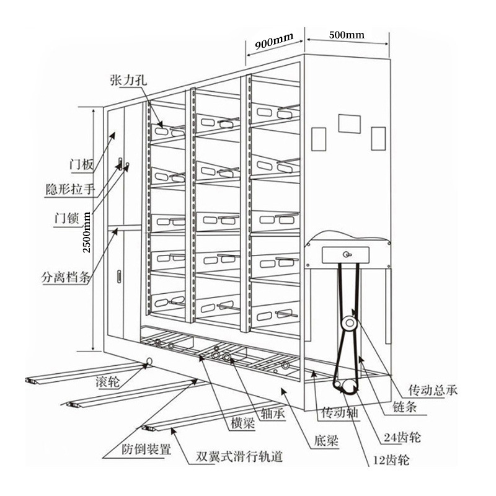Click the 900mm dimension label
[x=273, y=43]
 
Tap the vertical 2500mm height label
[x=87, y=231]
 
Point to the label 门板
[x=82, y=165]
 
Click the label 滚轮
[x=110, y=379]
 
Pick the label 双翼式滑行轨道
[x=239, y=457]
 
